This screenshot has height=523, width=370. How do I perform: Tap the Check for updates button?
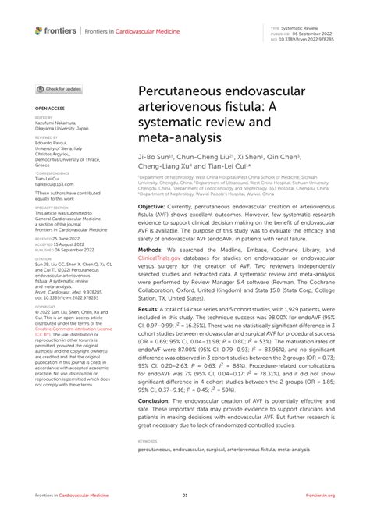[x=59, y=89]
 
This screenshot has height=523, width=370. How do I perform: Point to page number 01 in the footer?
[x=185, y=495]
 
